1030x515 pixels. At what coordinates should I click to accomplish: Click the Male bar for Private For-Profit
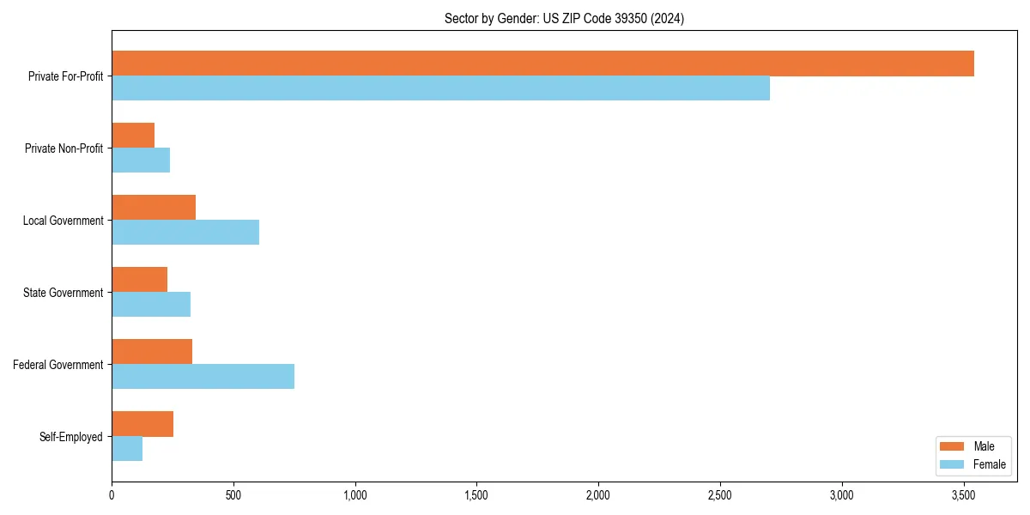pyautogui.click(x=542, y=64)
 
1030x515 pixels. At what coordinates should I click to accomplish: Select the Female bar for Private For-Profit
pyautogui.click(x=440, y=88)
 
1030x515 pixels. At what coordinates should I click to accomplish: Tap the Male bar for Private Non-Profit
pyautogui.click(x=133, y=136)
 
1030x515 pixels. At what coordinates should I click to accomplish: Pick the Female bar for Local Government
pyautogui.click(x=185, y=233)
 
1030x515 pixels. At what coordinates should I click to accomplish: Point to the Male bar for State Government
pyautogui.click(x=139, y=280)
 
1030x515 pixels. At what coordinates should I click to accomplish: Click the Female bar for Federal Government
pyautogui.click(x=203, y=377)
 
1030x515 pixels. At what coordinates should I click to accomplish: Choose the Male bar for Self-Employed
pyautogui.click(x=142, y=424)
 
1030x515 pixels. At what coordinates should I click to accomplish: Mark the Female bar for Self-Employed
pyautogui.click(x=127, y=449)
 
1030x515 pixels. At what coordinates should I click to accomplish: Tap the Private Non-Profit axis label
pyautogui.click(x=64, y=148)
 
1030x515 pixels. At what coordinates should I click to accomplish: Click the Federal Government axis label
pyautogui.click(x=58, y=365)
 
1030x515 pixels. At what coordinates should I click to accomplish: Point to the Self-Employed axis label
pyautogui.click(x=71, y=437)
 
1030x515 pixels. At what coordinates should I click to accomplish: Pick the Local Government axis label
pyautogui.click(x=63, y=221)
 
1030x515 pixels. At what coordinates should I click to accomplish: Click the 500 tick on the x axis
pyautogui.click(x=233, y=494)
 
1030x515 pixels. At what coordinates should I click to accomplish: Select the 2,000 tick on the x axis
pyautogui.click(x=598, y=494)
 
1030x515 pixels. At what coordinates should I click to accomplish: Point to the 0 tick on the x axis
pyautogui.click(x=112, y=494)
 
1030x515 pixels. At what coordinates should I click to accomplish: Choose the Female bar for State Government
pyautogui.click(x=151, y=305)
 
